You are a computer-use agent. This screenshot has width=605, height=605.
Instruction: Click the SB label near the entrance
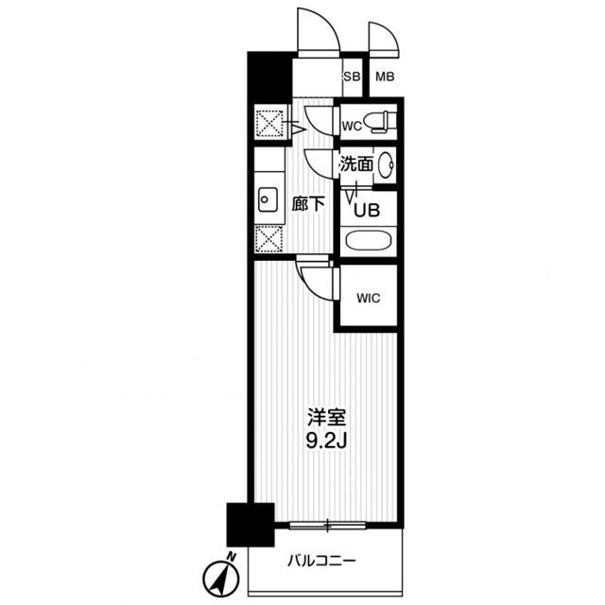tap(351, 78)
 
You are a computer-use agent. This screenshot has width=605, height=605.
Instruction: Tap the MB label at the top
tap(385, 78)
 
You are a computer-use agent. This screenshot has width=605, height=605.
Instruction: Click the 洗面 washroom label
tap(356, 164)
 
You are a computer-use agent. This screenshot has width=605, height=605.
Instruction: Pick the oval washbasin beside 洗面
tap(386, 165)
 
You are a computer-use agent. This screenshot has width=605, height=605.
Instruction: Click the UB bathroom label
tap(366, 210)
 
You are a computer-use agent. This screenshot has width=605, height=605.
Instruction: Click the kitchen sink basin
tap(268, 199)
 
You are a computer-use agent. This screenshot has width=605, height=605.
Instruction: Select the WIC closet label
tap(368, 299)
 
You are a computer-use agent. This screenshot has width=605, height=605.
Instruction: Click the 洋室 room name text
tap(322, 416)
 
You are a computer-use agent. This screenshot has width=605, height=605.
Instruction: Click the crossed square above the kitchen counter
tap(269, 124)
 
